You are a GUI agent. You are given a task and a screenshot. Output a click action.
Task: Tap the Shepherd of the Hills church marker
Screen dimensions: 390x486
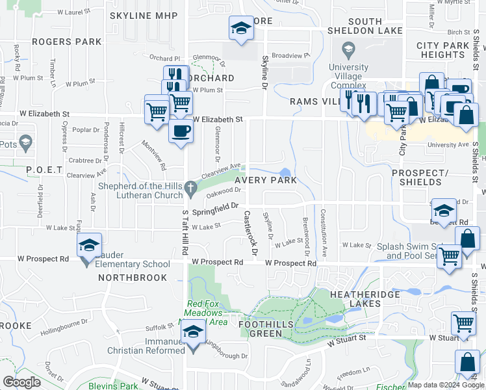pyautogui.click(x=190, y=189)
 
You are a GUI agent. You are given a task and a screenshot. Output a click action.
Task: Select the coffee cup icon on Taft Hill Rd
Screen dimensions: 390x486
pyautogui.click(x=181, y=129)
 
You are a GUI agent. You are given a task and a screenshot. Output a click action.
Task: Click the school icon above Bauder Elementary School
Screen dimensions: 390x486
pyautogui.click(x=88, y=245)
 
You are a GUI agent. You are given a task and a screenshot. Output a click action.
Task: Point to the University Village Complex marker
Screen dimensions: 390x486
pyautogui.click(x=348, y=49)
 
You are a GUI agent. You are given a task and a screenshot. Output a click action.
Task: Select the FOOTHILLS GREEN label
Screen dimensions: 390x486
pyautogui.click(x=269, y=329)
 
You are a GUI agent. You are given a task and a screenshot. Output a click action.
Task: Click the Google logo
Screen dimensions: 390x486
pyautogui.click(x=21, y=382)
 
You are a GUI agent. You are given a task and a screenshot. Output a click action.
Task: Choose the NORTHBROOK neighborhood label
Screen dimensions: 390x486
pyautogui.click(x=133, y=278)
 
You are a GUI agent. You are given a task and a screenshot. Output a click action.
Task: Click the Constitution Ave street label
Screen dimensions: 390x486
pyautogui.click(x=323, y=232)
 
